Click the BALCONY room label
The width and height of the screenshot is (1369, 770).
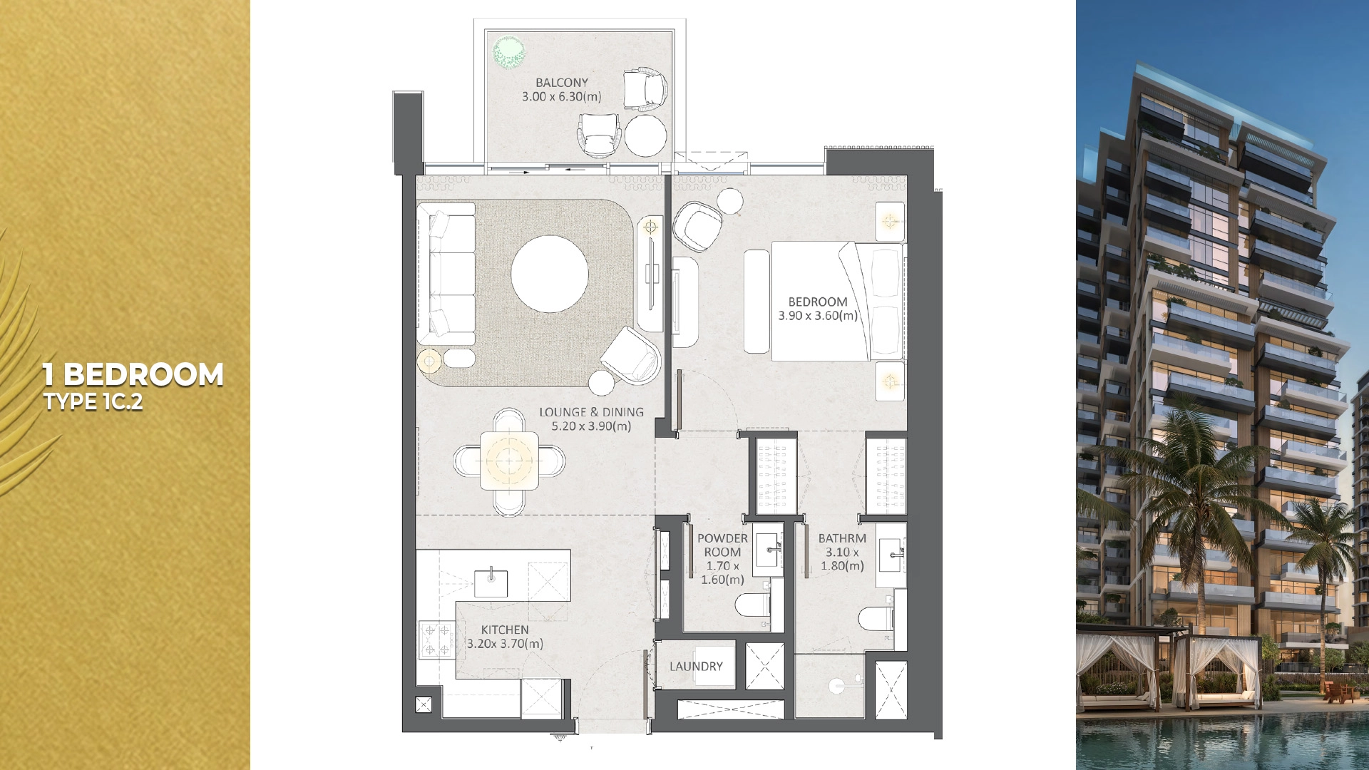pyautogui.click(x=562, y=83)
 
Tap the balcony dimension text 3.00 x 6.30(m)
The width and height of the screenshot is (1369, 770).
pyautogui.click(x=562, y=97)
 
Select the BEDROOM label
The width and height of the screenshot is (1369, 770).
pyautogui.click(x=818, y=302)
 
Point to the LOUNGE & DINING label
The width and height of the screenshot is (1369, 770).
pyautogui.click(x=591, y=412)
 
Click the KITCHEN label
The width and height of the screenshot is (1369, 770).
pyautogui.click(x=505, y=630)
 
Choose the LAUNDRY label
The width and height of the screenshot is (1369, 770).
pyautogui.click(x=696, y=666)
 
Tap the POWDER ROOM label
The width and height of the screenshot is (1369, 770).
pyautogui.click(x=722, y=545)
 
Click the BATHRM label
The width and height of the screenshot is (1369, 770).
pyautogui.click(x=842, y=538)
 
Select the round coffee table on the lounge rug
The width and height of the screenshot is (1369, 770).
pyautogui.click(x=550, y=274)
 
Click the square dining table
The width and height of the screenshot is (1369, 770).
pyautogui.click(x=509, y=461)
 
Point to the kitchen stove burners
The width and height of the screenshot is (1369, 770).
pyautogui.click(x=437, y=640)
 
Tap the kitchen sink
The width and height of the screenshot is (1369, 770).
pyautogui.click(x=492, y=582)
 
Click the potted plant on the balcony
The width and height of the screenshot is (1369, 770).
pyautogui.click(x=510, y=52)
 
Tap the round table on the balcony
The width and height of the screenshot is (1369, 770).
pyautogui.click(x=645, y=135)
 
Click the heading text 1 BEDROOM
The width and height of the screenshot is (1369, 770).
pyautogui.click(x=133, y=374)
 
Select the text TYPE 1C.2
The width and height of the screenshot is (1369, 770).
pyautogui.click(x=93, y=402)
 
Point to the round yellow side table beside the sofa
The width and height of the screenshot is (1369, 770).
pyautogui.click(x=430, y=361)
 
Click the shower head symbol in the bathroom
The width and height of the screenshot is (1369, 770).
pyautogui.click(x=835, y=686)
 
